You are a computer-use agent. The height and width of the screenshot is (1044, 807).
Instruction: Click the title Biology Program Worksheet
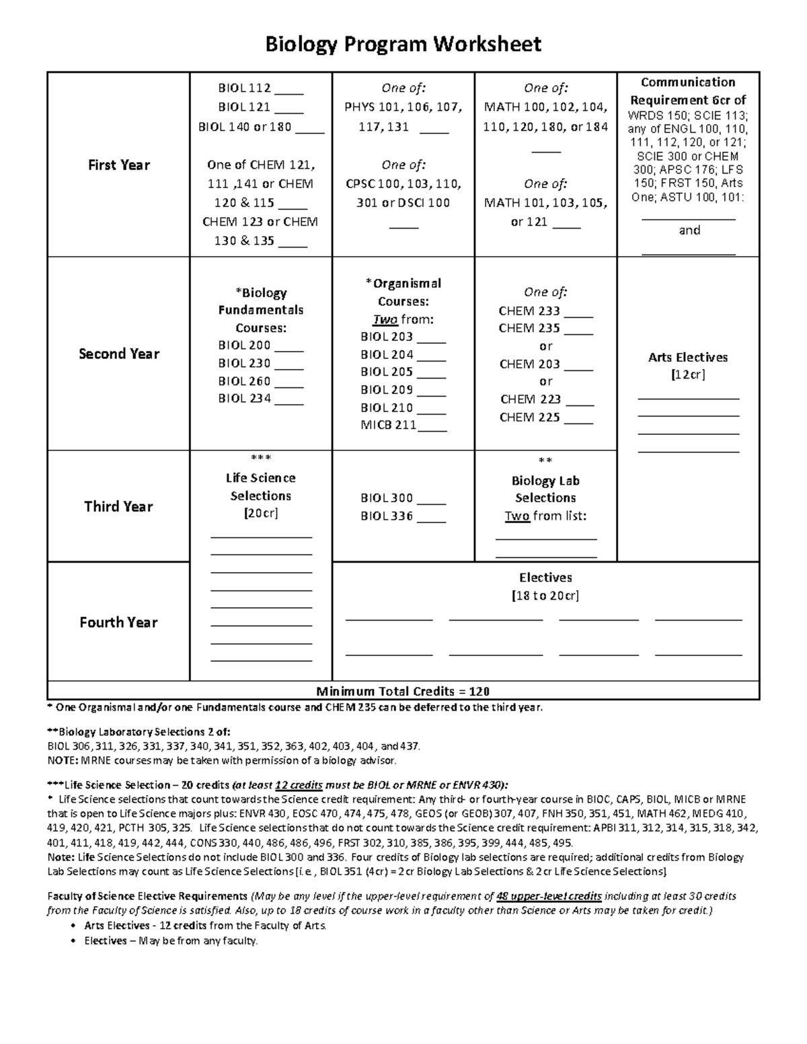(403, 44)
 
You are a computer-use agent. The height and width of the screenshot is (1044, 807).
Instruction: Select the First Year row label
(118, 165)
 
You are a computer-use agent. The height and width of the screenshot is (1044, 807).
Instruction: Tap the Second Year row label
(118, 354)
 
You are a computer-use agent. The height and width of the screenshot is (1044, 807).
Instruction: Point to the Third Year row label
(118, 506)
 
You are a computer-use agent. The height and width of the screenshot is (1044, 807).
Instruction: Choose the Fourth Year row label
(118, 622)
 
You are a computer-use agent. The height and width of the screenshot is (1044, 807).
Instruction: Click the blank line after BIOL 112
(289, 89)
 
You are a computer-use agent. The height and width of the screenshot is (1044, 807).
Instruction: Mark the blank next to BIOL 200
(289, 347)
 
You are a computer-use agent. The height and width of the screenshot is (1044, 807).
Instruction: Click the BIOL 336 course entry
(387, 516)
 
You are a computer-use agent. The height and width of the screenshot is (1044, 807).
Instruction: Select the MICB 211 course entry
(388, 425)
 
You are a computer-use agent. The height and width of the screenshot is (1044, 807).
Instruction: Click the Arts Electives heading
(688, 357)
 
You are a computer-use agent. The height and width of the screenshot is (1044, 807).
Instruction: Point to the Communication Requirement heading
(688, 91)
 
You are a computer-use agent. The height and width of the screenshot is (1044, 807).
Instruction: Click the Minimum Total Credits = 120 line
(403, 691)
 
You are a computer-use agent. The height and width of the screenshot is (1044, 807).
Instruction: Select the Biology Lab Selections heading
(545, 489)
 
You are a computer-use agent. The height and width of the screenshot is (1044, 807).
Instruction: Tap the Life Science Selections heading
(260, 487)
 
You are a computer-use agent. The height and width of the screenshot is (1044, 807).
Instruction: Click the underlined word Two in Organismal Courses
(385, 319)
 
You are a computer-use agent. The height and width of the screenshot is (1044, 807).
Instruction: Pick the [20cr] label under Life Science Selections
(260, 514)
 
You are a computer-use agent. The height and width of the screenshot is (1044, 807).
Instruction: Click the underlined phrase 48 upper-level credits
(548, 896)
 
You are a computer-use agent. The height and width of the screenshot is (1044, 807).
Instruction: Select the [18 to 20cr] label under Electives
(545, 596)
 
